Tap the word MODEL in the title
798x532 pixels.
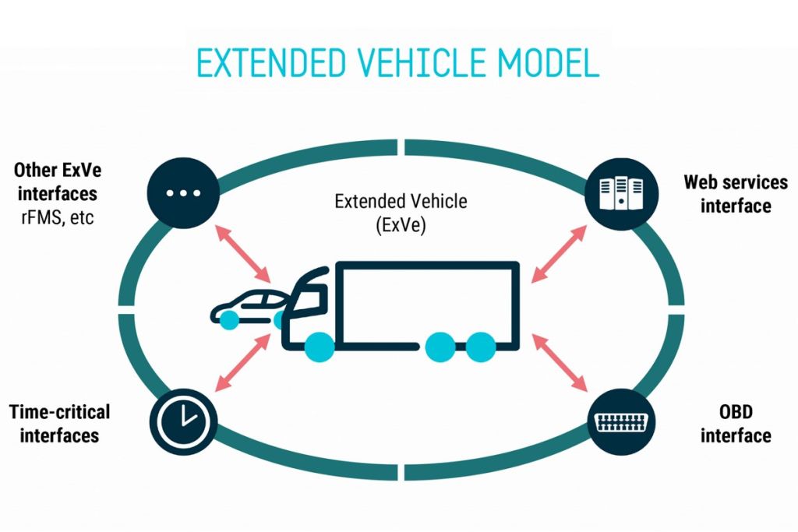coord(550,63)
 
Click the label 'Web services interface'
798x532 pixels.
coord(736,193)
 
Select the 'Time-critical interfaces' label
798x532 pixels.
coord(59,422)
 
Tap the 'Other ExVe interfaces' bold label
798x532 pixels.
coord(55,181)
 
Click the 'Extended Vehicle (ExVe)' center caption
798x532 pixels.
coord(401,213)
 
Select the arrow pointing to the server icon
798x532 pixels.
coord(560,251)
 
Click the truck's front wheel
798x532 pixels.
coord(320,345)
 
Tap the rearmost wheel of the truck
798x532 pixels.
coord(481,346)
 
